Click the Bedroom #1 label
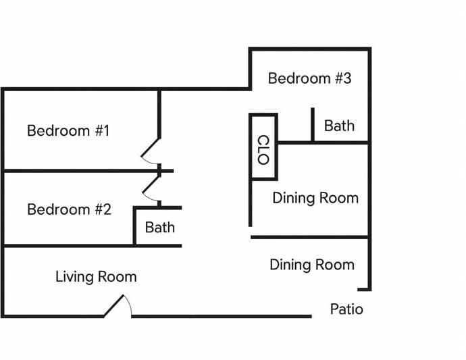[x=68, y=130]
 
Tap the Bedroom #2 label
[x=69, y=209]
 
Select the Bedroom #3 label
[x=309, y=78]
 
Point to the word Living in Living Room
[x=75, y=277]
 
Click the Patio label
[x=346, y=309]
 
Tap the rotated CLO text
[x=263, y=150]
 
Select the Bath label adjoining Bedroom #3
[x=339, y=126]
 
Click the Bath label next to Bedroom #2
[x=160, y=228]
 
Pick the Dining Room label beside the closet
[x=315, y=198]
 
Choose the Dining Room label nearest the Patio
[x=312, y=264]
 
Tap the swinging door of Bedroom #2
[x=151, y=190]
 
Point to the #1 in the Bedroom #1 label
[x=101, y=130]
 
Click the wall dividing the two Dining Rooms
[x=309, y=237]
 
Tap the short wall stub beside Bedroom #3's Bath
[x=312, y=125]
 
